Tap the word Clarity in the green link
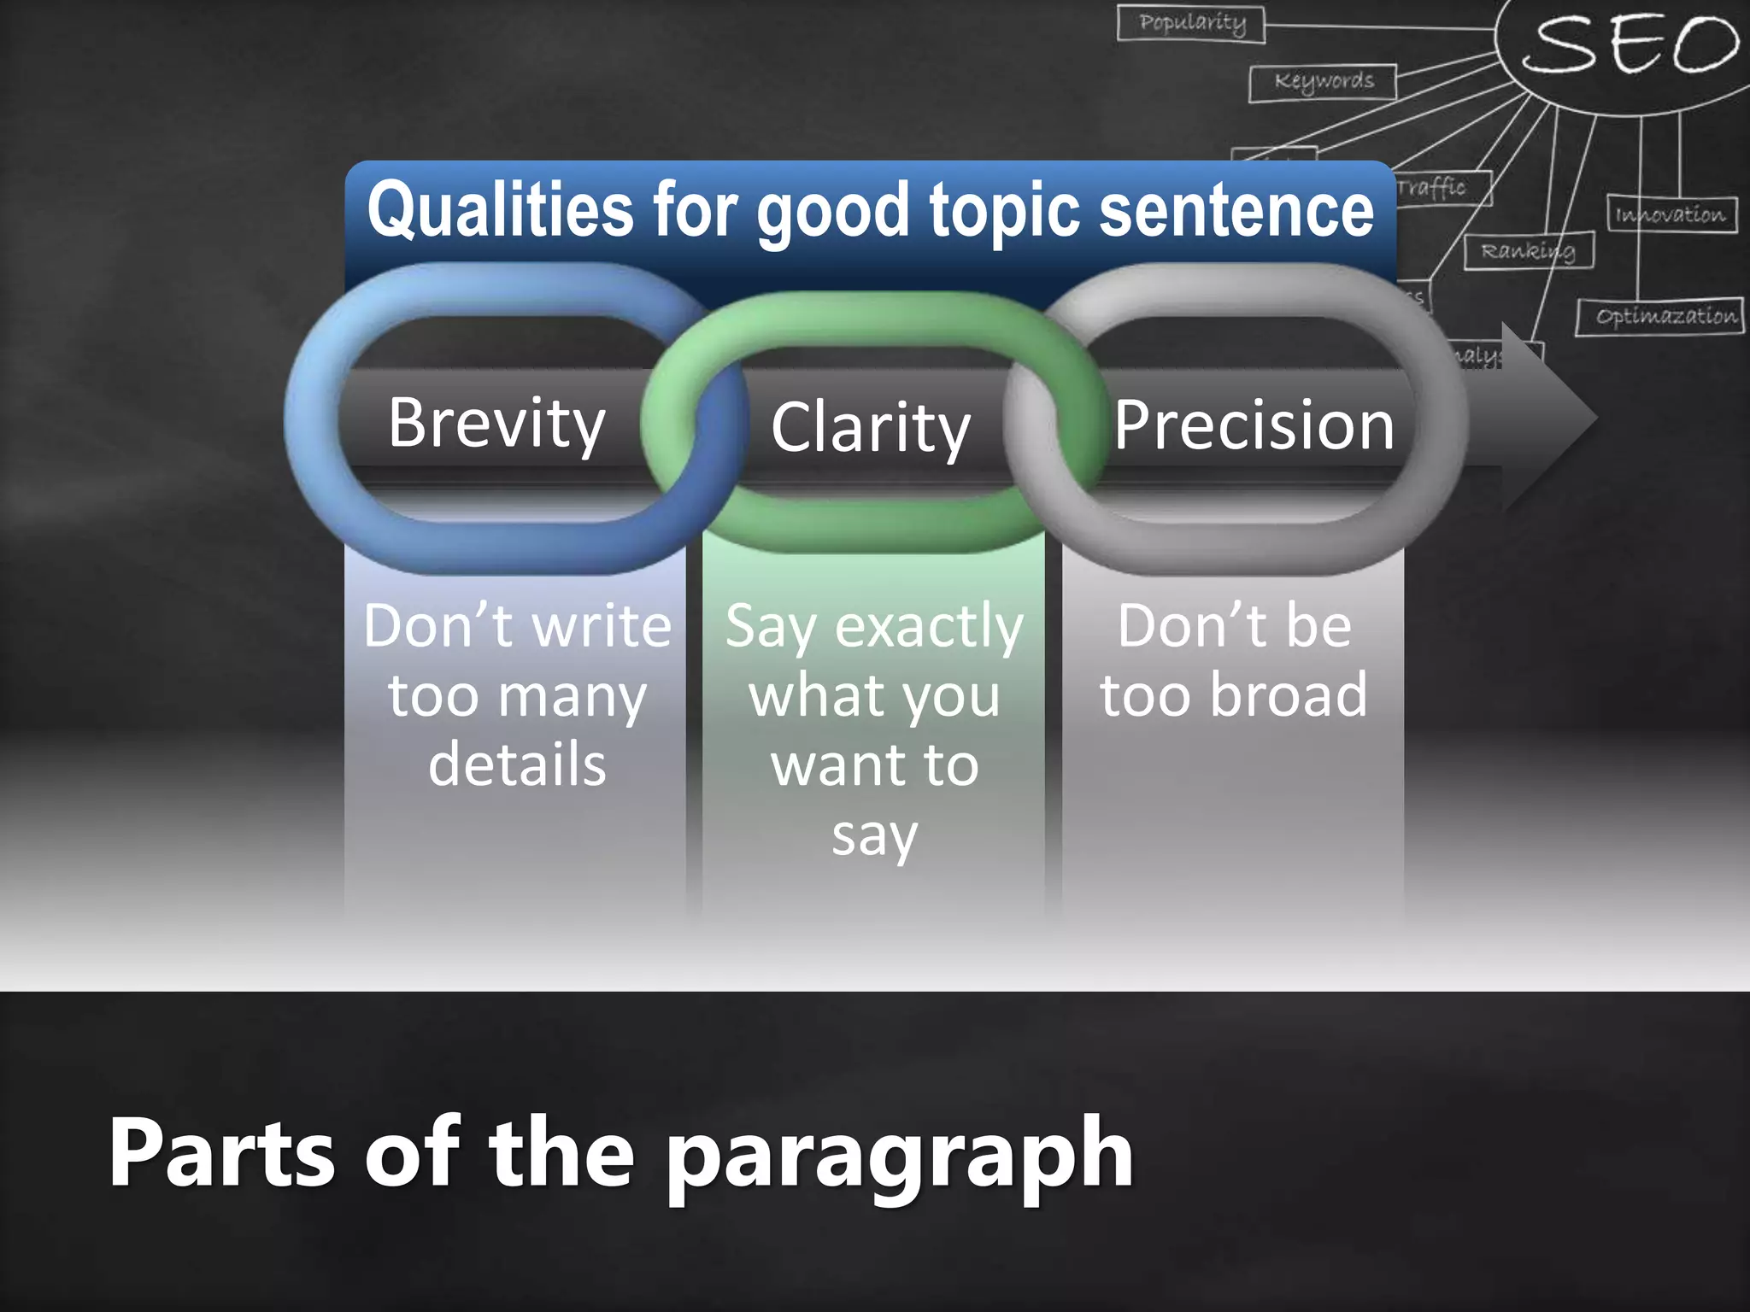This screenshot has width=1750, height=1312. coord(870,427)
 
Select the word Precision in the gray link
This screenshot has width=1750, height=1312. coord(1254,425)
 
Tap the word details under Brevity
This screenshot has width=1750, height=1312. coord(517,764)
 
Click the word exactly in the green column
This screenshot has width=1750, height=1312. coord(929,626)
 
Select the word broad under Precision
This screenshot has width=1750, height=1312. coord(1288,694)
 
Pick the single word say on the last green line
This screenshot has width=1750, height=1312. coord(874,835)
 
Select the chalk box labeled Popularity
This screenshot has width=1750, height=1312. coord(1191,23)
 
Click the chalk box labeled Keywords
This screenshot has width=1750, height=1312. coord(1323,82)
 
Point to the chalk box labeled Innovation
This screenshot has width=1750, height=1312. coord(1671,214)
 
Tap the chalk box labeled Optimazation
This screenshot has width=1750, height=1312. coord(1660,317)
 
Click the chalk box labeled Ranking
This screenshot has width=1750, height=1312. coord(1528,251)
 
